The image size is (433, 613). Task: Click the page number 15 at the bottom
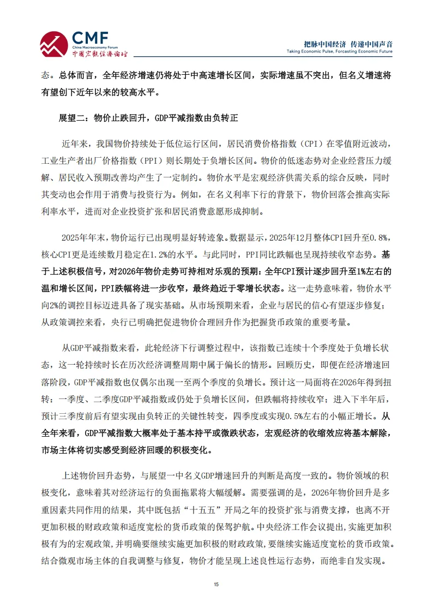coord(216,585)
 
